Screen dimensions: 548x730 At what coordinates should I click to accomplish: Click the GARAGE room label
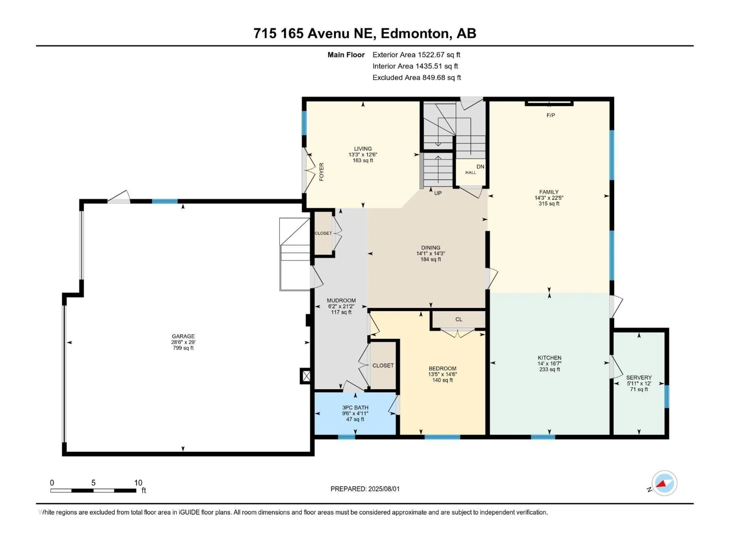pos(183,336)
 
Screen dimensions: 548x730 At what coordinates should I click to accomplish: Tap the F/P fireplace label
pos(551,115)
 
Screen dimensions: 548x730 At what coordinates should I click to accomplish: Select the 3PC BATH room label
pos(355,408)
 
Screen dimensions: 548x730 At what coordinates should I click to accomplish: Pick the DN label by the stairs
pos(480,167)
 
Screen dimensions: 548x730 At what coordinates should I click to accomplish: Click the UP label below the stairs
pos(438,193)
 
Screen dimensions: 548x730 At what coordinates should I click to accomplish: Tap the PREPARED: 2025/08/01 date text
pos(365,489)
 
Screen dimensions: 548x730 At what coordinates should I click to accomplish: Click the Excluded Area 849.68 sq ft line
pos(417,78)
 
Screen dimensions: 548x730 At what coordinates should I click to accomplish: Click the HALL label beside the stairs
pos(471,172)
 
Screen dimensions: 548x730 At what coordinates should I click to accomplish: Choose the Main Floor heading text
pos(346,55)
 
